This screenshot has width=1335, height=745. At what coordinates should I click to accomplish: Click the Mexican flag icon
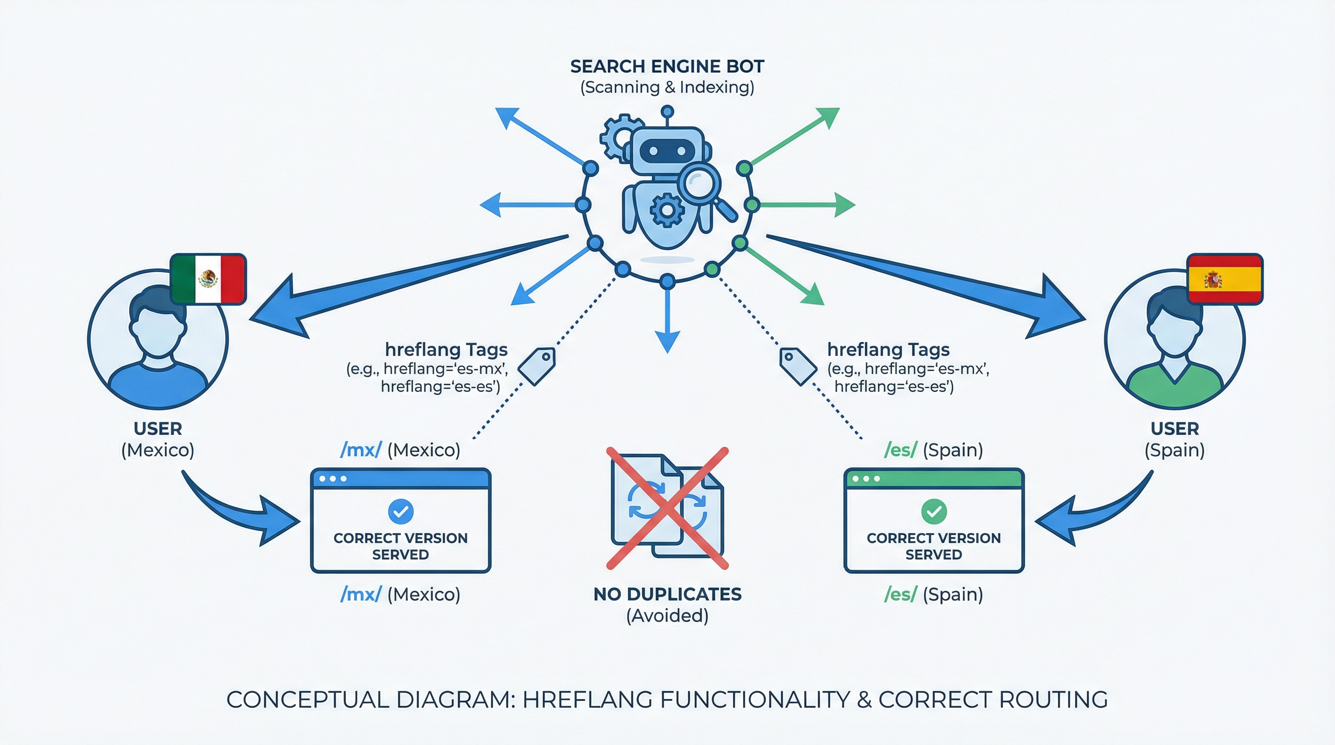tap(208, 279)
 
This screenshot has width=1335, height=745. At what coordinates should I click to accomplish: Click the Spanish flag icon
tap(1224, 279)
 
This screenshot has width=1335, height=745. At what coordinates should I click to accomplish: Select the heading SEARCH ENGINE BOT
tap(667, 66)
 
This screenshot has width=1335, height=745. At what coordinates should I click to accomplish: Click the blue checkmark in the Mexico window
tap(401, 511)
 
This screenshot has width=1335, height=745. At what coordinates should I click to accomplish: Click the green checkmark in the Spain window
tap(934, 511)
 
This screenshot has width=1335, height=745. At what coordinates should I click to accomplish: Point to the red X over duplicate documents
tap(667, 508)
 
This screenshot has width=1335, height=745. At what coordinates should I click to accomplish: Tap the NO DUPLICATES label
tap(667, 594)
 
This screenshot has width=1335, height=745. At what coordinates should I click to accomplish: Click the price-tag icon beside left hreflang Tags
tap(537, 366)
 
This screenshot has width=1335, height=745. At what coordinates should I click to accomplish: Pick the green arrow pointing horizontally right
tap(809, 205)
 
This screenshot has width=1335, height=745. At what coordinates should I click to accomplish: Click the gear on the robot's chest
tap(667, 210)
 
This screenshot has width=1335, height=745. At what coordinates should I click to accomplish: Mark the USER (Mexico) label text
tap(158, 439)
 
